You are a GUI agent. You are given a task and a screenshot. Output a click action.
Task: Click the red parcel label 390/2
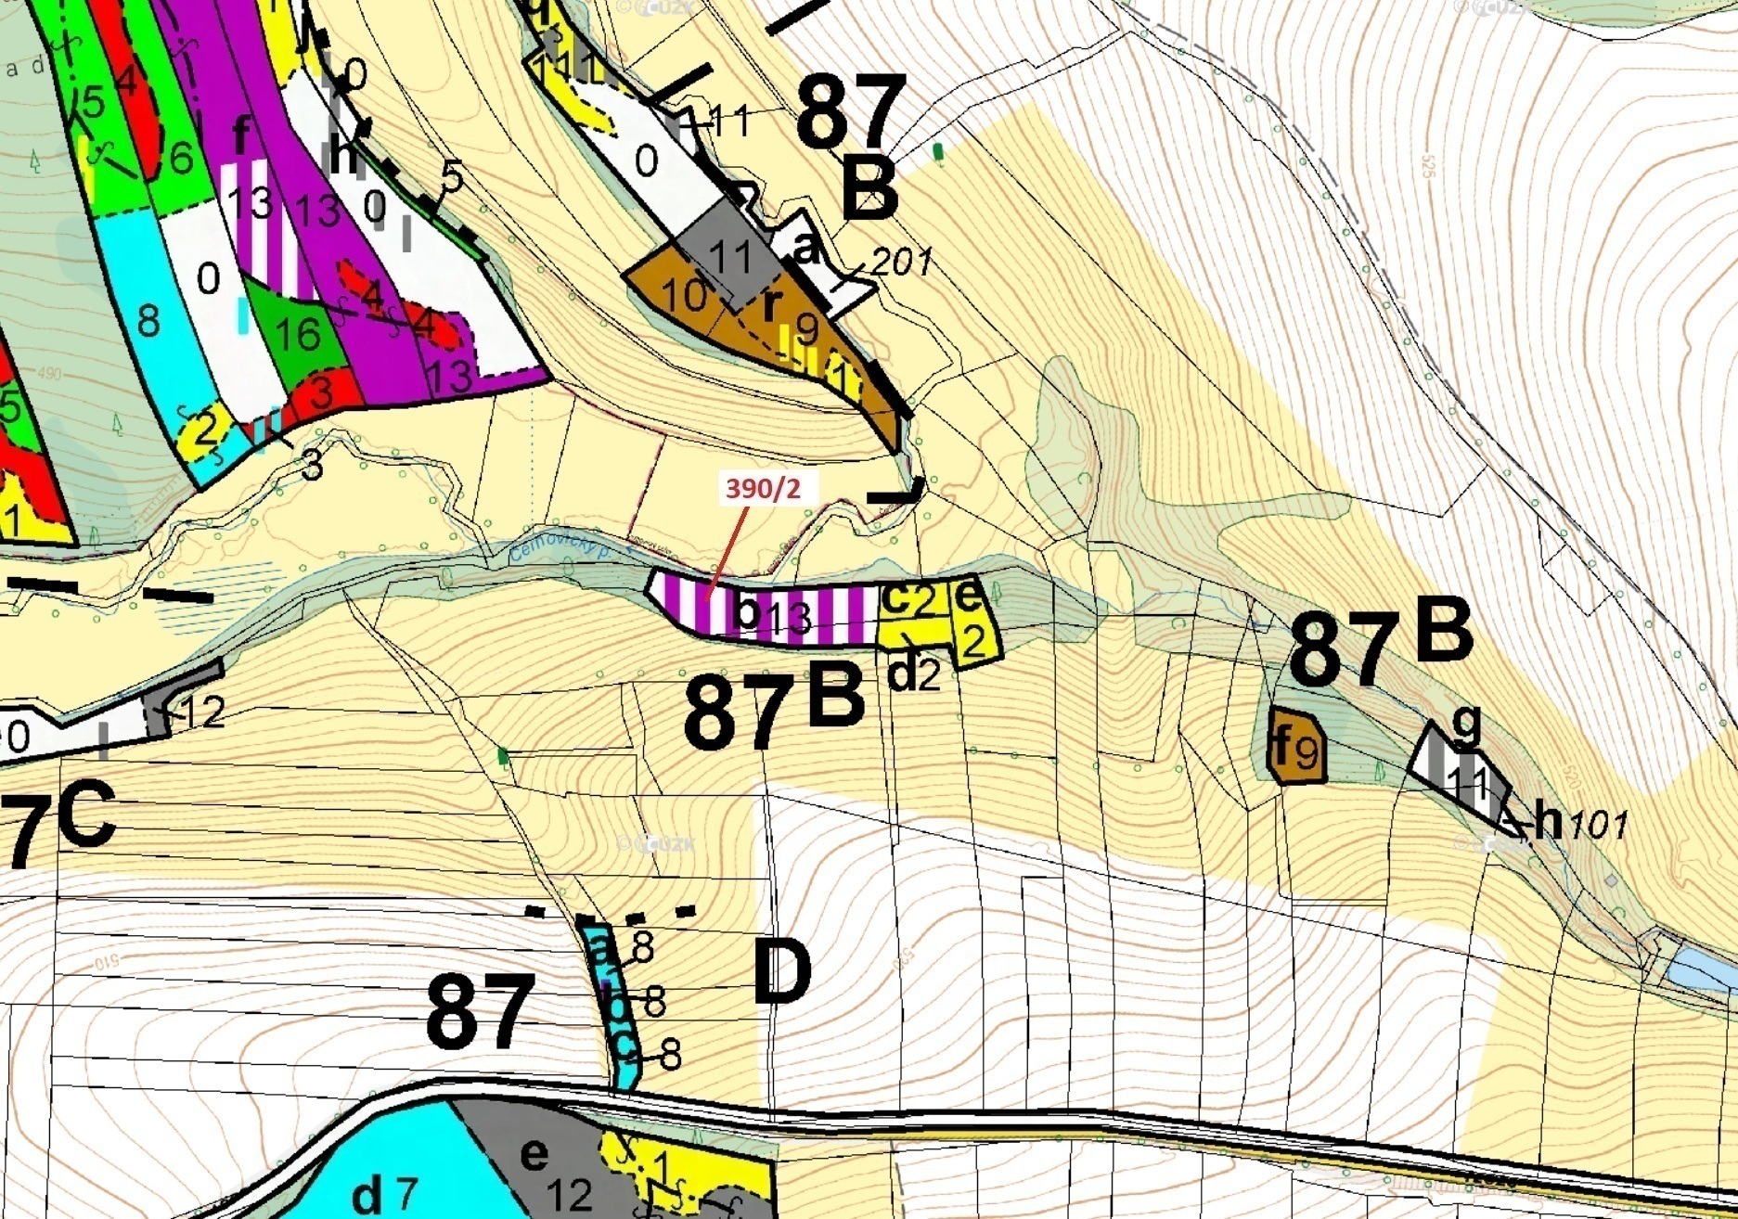click(x=762, y=488)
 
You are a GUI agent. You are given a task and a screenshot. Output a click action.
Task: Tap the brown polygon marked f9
click(x=1295, y=746)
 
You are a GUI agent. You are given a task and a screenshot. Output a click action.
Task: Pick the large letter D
click(x=781, y=972)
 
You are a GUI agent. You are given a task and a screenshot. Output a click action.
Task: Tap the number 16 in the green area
click(x=298, y=334)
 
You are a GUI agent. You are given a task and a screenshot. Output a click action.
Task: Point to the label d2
click(x=914, y=674)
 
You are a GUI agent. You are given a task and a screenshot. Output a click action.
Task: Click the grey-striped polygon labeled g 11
click(x=1461, y=769)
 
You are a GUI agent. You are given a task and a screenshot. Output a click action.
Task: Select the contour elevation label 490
click(x=51, y=374)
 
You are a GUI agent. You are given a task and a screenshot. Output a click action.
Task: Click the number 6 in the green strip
click(x=180, y=159)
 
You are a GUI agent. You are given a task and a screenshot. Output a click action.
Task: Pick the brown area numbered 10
click(x=685, y=296)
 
